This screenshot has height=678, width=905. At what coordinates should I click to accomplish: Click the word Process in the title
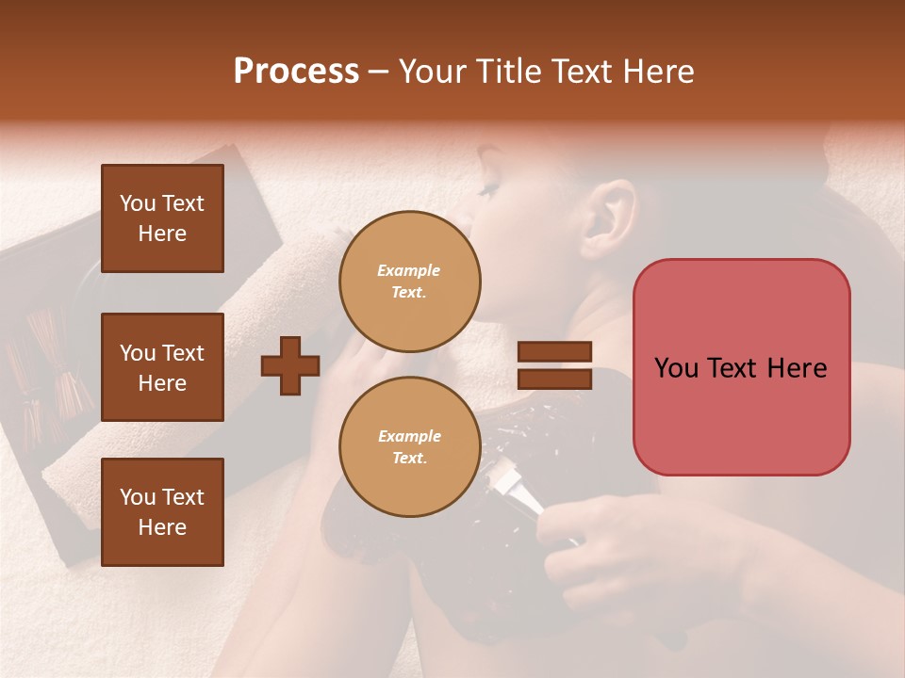click(296, 72)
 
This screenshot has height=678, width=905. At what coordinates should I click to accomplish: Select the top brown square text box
click(162, 218)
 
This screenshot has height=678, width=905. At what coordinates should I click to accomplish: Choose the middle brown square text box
click(162, 367)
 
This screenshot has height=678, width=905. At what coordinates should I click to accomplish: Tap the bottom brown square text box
click(162, 512)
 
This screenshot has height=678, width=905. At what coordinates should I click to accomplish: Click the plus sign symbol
click(289, 365)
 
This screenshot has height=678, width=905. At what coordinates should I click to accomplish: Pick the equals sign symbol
click(555, 365)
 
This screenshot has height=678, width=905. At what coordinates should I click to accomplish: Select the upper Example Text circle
click(410, 282)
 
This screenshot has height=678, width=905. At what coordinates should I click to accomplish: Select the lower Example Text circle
click(410, 447)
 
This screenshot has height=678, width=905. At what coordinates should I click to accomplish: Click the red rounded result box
click(741, 367)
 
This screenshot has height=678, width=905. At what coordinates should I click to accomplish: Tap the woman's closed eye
click(488, 191)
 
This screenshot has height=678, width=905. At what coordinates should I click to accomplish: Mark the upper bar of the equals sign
click(555, 352)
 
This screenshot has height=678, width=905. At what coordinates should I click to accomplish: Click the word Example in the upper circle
click(408, 270)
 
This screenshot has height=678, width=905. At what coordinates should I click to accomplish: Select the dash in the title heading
click(378, 72)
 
